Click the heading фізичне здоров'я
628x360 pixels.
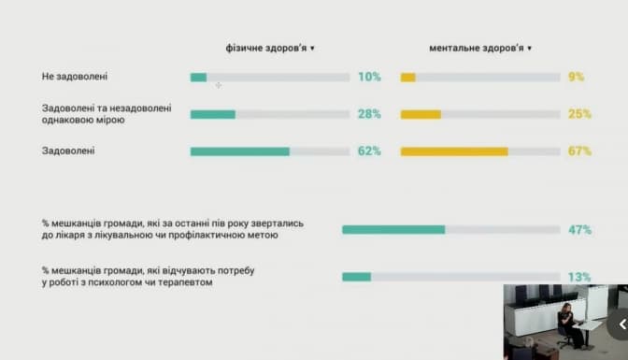point(266,49)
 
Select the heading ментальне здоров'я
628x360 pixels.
point(477,49)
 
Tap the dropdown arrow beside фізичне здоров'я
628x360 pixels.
point(312,49)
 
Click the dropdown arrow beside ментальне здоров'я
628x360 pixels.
point(530,49)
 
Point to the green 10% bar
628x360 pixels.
point(199,78)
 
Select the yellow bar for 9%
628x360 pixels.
point(408,78)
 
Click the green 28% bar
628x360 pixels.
point(213,115)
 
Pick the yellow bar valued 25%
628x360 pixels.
point(421,115)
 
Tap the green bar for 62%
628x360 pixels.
point(240,151)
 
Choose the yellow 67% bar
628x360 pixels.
point(454,151)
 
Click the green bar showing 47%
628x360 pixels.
point(393,229)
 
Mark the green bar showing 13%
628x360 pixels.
point(356,277)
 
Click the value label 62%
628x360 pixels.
point(369,151)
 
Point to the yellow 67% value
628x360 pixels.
point(579,151)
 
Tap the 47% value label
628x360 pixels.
point(579,230)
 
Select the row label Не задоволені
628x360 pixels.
point(75,76)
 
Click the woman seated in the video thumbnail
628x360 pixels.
point(570,324)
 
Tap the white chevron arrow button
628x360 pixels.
point(622,324)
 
